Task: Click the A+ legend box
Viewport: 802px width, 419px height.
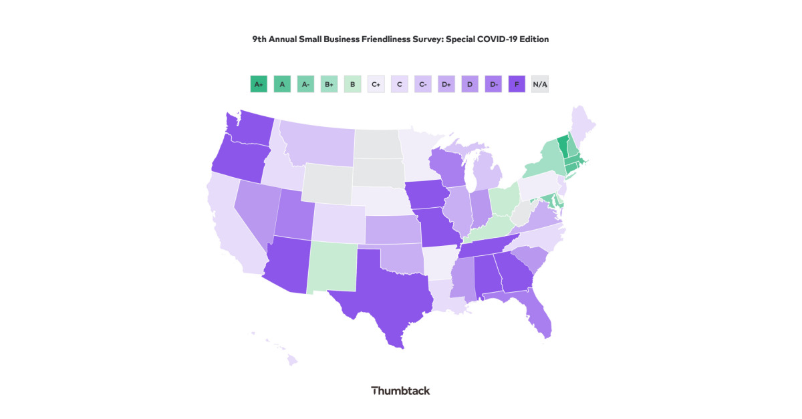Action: click(x=259, y=84)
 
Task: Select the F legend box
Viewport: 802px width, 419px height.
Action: click(x=517, y=84)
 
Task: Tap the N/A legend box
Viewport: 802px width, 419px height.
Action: click(x=540, y=84)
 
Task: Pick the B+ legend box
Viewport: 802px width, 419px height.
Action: click(x=329, y=84)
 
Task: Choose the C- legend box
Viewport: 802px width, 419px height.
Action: click(x=422, y=84)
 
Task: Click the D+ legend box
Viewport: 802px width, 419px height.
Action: click(x=446, y=84)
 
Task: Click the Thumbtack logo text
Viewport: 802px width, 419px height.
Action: click(x=400, y=390)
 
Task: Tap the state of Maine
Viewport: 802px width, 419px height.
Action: click(x=583, y=124)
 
